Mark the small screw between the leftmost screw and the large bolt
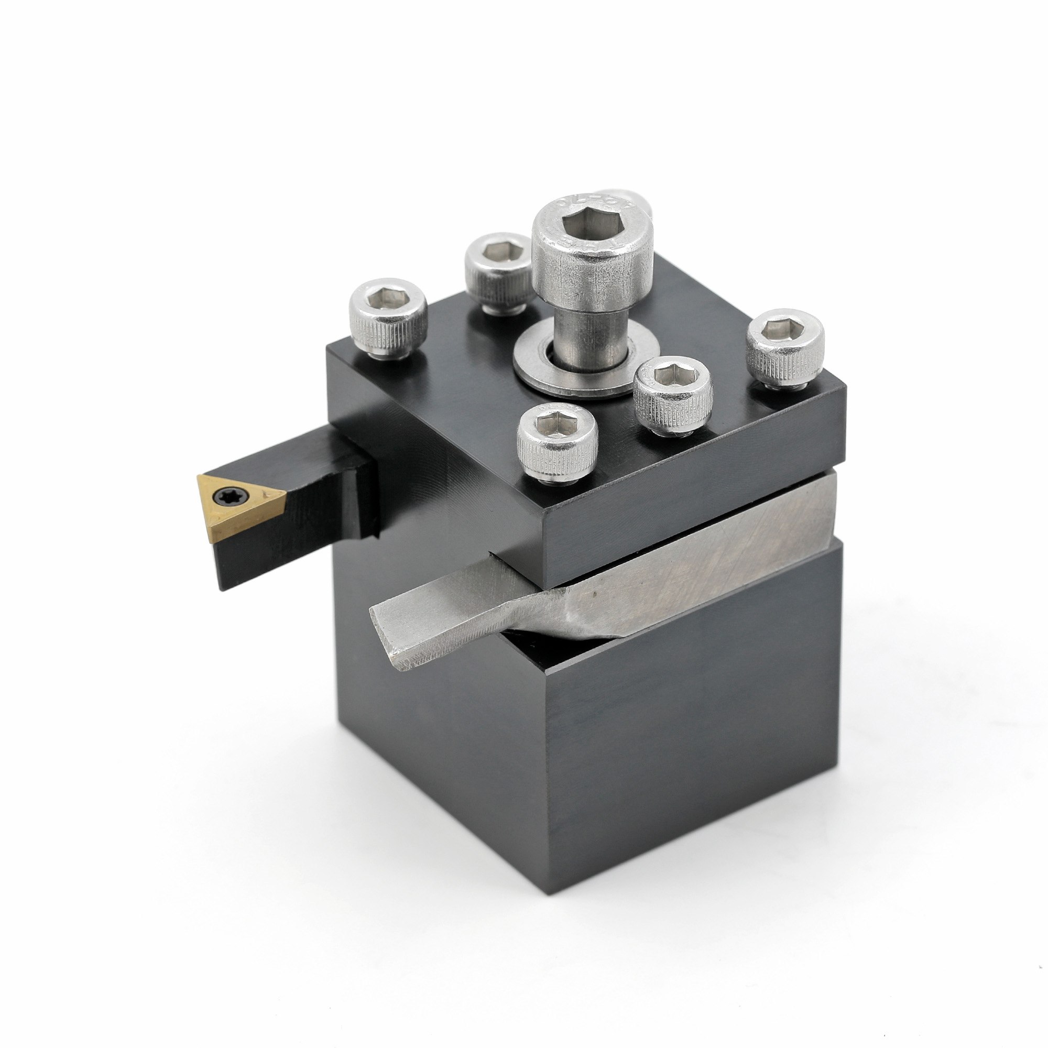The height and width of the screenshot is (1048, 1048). pos(499,274)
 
